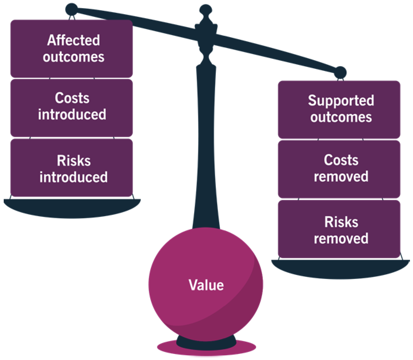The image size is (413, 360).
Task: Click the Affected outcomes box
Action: (71, 49)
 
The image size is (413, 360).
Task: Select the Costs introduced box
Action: (71, 107)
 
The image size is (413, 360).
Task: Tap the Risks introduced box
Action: (71, 168)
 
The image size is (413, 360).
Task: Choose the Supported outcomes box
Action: (339, 109)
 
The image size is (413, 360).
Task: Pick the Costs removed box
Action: (339, 169)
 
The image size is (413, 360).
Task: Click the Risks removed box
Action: (339, 229)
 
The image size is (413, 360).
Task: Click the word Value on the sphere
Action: (206, 285)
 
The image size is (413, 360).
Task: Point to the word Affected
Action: (73, 40)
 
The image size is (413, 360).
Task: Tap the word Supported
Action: (341, 101)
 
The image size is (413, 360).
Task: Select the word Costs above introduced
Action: (72, 98)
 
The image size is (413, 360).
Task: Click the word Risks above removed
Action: (341, 222)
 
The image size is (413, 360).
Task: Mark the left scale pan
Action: (72, 207)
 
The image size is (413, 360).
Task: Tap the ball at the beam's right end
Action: (340, 73)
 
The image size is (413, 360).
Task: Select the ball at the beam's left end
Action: (71, 9)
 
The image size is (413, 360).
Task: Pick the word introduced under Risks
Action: (73, 177)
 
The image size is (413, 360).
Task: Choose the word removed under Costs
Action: (341, 177)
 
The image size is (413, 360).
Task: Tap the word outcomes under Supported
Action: (341, 117)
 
